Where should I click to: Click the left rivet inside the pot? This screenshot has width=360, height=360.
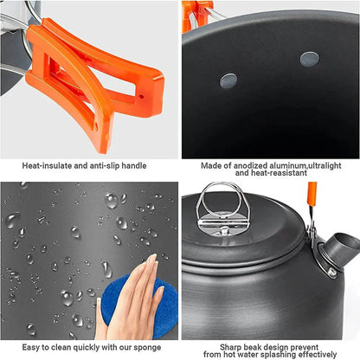[228, 80]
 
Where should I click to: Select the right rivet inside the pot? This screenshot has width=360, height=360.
[309, 59]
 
